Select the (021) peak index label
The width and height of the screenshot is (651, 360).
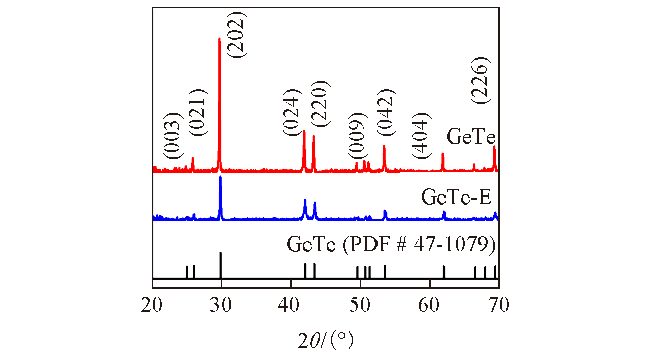[198, 112]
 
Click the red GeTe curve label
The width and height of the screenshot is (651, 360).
[471, 137]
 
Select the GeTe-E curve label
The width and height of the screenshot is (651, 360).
[456, 197]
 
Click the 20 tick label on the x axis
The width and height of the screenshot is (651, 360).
[152, 305]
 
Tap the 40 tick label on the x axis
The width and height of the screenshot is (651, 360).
[291, 305]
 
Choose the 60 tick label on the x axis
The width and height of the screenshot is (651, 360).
[430, 305]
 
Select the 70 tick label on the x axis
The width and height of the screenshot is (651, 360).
[499, 305]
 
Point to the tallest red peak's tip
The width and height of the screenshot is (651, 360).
[219, 39]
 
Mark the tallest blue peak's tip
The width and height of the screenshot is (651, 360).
[220, 177]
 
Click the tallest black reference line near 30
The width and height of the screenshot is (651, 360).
[220, 264]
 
